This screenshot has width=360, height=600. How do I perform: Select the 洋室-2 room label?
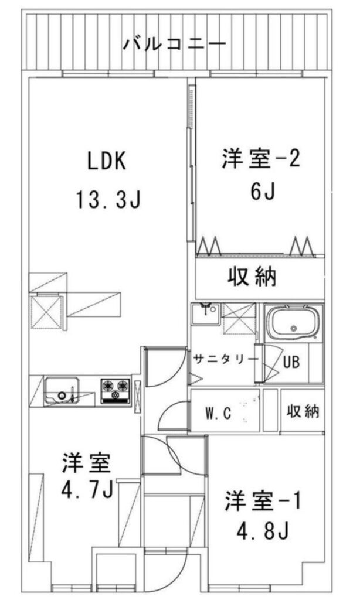point(260,159)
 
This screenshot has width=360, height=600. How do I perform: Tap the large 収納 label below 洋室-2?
point(252,277)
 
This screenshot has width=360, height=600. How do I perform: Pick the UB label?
point(291,362)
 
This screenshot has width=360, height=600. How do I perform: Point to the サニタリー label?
point(226,359)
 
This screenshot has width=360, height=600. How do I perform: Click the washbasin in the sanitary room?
point(205,314)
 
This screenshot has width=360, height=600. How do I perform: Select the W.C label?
point(219,413)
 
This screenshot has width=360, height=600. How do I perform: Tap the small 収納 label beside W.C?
point(303,411)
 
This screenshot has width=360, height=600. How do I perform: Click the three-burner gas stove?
point(116,391)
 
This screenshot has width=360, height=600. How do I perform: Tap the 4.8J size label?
point(263,530)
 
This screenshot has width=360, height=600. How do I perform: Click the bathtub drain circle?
point(294,328)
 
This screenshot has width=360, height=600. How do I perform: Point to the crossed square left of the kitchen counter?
point(47,312)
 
